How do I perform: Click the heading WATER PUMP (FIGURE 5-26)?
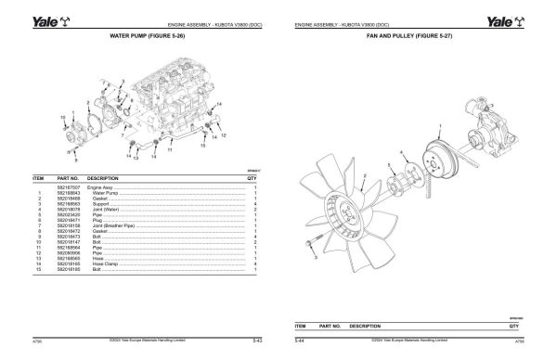(x=148, y=37)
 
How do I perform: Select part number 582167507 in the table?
(x=71, y=186)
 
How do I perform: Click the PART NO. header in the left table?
(x=70, y=175)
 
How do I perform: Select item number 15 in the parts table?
(x=40, y=270)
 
